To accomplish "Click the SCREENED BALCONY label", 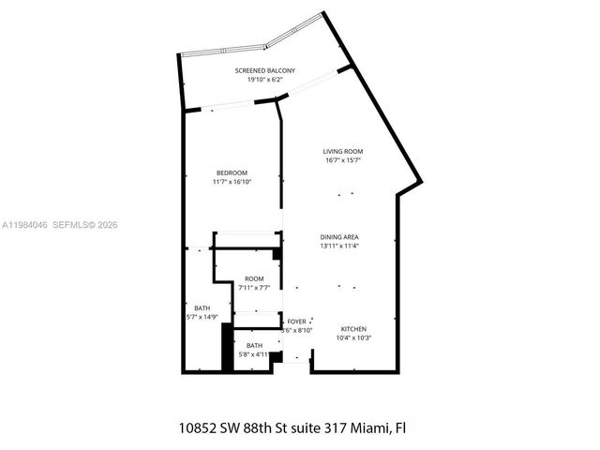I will [x=264, y=71].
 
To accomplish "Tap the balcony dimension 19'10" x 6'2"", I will [x=264, y=81].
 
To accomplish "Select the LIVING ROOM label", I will [x=343, y=151].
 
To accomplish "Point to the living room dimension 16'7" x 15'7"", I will [x=343, y=160].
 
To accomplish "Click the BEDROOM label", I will [x=232, y=172].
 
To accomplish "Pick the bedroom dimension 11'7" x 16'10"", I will [x=232, y=182].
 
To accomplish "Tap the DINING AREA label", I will [x=338, y=236].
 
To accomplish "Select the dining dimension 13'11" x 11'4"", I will [x=338, y=246].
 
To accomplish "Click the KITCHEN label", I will [x=353, y=328].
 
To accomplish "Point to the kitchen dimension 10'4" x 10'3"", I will [x=353, y=337].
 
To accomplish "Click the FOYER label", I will [x=296, y=321].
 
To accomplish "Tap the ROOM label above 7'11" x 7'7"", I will [x=254, y=278].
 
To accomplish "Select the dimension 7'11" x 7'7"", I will [x=254, y=288].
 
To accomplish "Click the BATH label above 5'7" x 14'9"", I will [x=202, y=308].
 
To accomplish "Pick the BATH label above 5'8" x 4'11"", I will [x=255, y=345].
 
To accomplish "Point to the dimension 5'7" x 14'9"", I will [x=202, y=318].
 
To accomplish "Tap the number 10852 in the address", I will [x=200, y=427].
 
